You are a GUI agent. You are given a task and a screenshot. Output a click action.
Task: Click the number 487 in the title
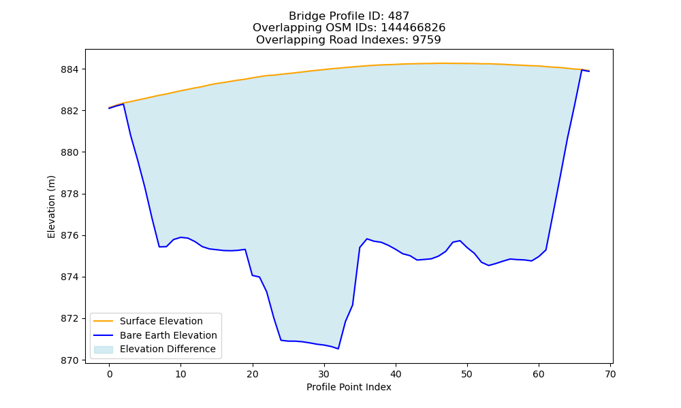398,16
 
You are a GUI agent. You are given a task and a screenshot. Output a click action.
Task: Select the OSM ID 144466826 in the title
413,28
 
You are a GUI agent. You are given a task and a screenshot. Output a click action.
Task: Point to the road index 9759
426,40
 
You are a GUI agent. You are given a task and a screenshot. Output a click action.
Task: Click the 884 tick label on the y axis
71,69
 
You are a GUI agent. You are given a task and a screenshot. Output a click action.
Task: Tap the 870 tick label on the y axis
71,360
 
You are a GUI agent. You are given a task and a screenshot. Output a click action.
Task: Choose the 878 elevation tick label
71,194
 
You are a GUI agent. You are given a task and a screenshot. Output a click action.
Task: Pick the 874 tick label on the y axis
71,277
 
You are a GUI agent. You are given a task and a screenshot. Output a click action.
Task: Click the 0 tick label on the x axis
110,374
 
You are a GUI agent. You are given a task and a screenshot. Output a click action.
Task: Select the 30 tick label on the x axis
324,374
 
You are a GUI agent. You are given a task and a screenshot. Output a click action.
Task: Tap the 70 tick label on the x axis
610,374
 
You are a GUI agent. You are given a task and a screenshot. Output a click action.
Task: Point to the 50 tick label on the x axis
467,374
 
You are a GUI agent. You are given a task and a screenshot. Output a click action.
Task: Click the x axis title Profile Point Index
349,387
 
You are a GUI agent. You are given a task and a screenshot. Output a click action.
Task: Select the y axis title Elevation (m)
51,207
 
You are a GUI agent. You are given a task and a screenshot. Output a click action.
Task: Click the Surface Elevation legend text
161,321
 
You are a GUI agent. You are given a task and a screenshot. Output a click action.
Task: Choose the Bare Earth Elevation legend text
168,335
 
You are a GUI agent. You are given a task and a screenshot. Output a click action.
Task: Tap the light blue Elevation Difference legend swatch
104,350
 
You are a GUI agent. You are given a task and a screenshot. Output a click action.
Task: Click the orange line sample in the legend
104,321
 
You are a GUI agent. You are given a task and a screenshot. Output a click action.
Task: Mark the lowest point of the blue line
338,349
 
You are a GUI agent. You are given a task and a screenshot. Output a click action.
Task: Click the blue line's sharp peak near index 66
582,70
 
